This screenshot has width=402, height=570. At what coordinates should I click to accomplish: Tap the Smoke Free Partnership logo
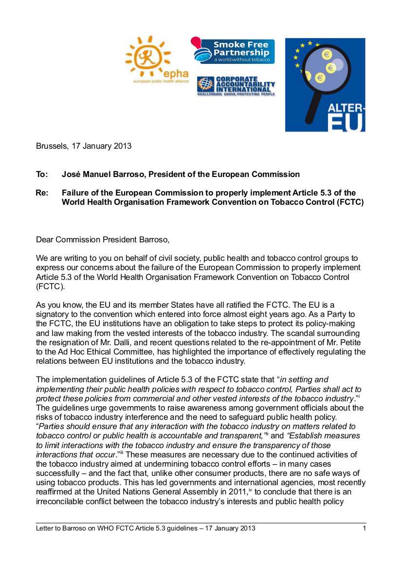click(x=233, y=51)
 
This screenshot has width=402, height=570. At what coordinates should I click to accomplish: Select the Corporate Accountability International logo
click(x=236, y=86)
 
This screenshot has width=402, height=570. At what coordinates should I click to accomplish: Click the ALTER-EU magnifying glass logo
click(x=325, y=85)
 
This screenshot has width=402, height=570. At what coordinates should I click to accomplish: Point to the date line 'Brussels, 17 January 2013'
click(x=84, y=145)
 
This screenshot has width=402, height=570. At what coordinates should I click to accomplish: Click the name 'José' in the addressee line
click(x=71, y=174)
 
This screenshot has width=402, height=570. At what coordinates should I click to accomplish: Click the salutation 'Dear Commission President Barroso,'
click(x=103, y=239)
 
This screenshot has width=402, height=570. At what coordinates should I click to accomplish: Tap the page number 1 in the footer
click(x=364, y=528)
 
